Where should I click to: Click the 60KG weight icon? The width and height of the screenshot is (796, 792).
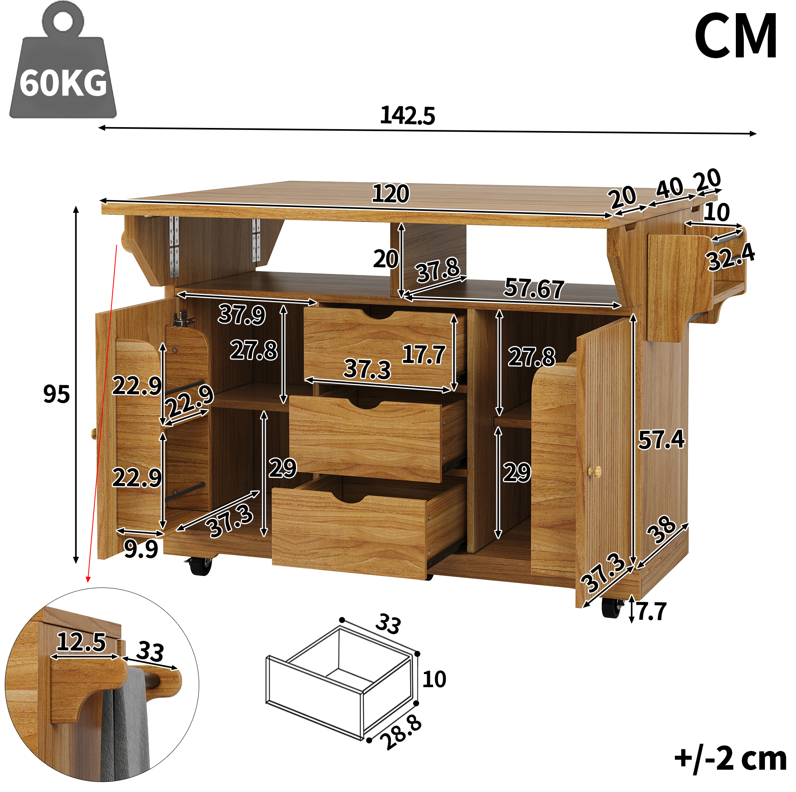point(63,62)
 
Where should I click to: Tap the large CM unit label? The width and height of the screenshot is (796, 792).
point(736,36)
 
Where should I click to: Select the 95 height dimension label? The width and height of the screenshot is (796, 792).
point(57,394)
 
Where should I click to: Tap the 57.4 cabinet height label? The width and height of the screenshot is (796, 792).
point(661,439)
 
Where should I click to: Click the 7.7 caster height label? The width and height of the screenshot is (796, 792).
point(651,611)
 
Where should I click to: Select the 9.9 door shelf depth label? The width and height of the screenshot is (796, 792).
point(141,549)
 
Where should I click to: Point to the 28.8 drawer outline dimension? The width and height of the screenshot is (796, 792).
point(401,733)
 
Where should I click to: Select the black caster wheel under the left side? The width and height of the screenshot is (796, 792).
point(201,566)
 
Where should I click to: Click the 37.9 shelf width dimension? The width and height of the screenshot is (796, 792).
point(242,314)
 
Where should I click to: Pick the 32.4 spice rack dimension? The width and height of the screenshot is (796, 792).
point(731,257)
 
